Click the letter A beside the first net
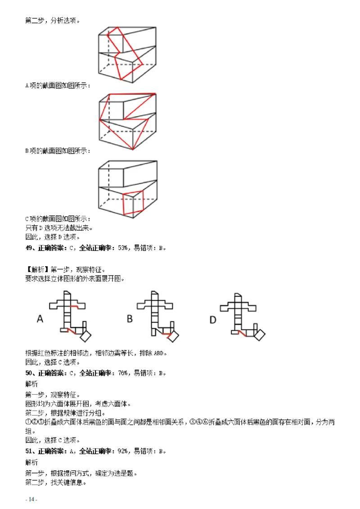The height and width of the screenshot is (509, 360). click(40, 319)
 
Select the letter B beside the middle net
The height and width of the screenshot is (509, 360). click(130, 319)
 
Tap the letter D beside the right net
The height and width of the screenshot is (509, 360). click(213, 319)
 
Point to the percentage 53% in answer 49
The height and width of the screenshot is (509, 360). click(122, 248)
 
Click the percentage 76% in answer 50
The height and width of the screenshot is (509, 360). click(122, 373)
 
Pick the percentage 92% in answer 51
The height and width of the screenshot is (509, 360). click(122, 451)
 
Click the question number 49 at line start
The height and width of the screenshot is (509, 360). click(28, 248)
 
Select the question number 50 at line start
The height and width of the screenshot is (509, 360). click(28, 373)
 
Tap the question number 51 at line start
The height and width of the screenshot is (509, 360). click(28, 451)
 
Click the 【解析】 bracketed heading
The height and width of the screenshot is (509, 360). click(37, 270)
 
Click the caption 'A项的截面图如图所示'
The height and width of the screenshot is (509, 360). click(58, 85)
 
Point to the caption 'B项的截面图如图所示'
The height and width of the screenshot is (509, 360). click(58, 151)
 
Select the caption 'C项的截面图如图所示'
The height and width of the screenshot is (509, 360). click(58, 219)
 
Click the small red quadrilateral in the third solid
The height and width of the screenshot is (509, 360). click(133, 202)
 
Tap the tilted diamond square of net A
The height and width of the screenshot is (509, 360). click(85, 336)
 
